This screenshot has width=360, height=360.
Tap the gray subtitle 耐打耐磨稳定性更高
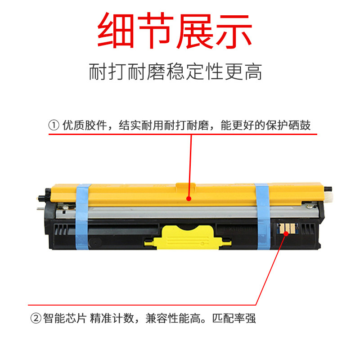175,72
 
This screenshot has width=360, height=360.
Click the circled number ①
54,126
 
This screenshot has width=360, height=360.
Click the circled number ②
36,318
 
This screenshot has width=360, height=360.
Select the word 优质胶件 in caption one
85,126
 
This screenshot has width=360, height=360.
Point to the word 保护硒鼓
288,126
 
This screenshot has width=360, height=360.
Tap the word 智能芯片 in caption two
65,318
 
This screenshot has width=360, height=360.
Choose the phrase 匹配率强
234,318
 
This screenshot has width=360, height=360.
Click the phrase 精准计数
112,318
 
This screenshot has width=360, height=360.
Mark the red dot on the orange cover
189,198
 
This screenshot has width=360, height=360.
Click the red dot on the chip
286,234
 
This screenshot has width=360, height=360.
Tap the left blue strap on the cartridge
82,217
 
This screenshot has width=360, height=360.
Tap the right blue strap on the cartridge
262,217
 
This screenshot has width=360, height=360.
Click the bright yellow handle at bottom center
188,238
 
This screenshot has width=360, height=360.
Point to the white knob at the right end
328,198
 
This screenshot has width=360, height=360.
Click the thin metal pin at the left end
40,209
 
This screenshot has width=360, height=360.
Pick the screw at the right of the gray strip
308,207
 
